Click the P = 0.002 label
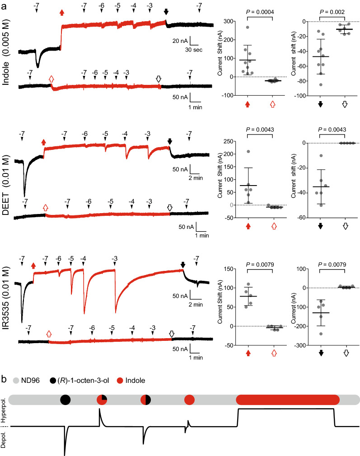coord(332,12)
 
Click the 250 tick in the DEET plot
coord(233,143)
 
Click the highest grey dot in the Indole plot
coord(248,28)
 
